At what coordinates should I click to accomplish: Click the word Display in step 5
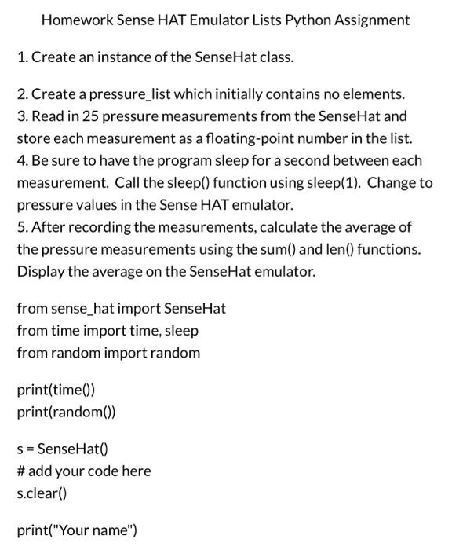[40, 272]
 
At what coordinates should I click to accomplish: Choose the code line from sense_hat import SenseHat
[121, 309]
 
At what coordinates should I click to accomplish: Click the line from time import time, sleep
[108, 331]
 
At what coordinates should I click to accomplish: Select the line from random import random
[108, 353]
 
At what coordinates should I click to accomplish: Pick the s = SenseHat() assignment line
[63, 449]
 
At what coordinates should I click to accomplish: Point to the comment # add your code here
[83, 471]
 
